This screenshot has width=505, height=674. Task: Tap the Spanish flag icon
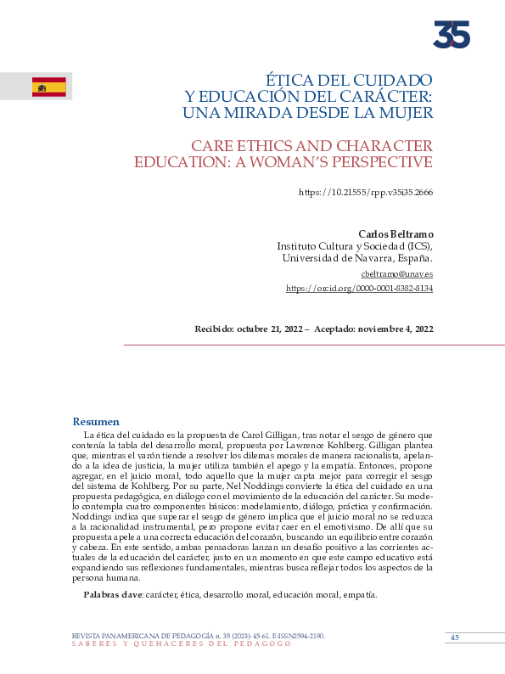(x=49, y=87)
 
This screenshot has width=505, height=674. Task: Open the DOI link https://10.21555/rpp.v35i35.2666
(x=366, y=193)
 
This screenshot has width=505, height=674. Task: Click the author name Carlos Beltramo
(x=396, y=233)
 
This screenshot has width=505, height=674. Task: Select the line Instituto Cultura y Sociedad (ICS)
(x=355, y=246)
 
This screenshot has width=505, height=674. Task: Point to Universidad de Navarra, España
(x=357, y=258)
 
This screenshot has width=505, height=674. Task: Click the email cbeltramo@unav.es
(x=397, y=274)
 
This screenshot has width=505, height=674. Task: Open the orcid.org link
(x=359, y=289)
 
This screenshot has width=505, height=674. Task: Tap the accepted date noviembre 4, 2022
(x=394, y=329)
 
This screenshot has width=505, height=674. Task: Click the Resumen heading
(x=96, y=422)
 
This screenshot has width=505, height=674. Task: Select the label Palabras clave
(x=112, y=595)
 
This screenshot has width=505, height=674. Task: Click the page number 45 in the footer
(x=454, y=637)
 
